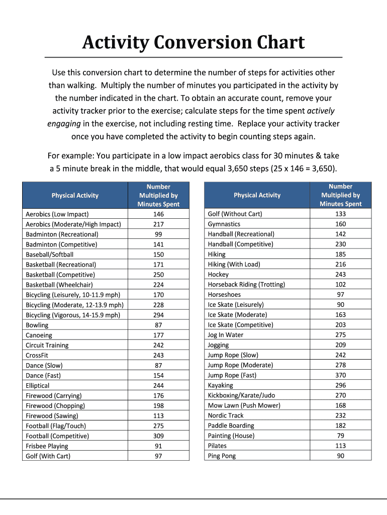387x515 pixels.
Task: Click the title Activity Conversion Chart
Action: (x=193, y=43)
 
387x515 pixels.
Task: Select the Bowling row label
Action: (x=37, y=325)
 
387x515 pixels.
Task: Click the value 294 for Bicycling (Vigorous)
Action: (x=158, y=315)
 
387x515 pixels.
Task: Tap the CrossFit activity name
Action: (x=37, y=355)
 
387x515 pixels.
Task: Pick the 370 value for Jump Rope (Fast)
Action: (x=340, y=375)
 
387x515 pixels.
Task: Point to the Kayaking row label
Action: (x=221, y=385)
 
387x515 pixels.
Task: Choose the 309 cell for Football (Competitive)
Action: (x=158, y=436)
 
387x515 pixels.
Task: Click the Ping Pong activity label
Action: (x=222, y=456)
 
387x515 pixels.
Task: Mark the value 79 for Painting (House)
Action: (x=340, y=436)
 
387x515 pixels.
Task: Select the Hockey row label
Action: (x=218, y=275)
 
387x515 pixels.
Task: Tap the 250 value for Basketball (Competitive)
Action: (x=158, y=275)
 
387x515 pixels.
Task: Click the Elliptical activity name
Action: (x=38, y=385)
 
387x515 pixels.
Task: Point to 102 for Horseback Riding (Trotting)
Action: (x=340, y=284)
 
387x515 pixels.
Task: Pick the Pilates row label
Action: (x=217, y=446)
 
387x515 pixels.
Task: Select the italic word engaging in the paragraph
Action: (x=64, y=124)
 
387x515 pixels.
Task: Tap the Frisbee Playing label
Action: (x=47, y=446)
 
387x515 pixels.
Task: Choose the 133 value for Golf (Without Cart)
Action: (x=340, y=214)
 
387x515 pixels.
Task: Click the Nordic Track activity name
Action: (x=226, y=415)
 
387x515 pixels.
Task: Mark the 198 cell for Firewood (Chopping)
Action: (x=158, y=405)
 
